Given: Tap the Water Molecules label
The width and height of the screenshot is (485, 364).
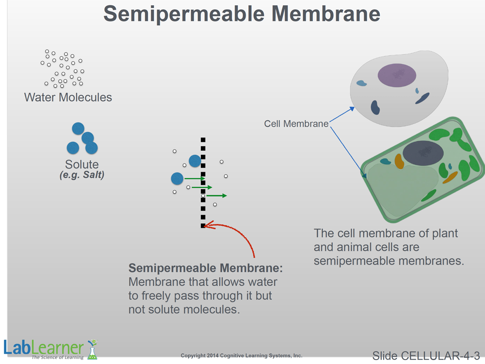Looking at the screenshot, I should (x=68, y=97).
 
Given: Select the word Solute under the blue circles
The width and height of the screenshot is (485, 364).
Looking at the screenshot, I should (x=82, y=165).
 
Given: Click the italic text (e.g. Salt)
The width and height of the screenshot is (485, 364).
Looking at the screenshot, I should (x=81, y=175).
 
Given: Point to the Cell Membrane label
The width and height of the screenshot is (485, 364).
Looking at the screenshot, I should (x=296, y=124).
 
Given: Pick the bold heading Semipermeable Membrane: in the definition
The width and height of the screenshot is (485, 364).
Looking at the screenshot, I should (x=205, y=268).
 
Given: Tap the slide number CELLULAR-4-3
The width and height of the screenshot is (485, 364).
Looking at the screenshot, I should (x=426, y=356).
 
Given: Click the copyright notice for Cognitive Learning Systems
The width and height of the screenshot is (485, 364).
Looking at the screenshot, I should (x=241, y=356).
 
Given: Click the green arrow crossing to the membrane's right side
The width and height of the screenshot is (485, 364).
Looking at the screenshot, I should (x=216, y=196).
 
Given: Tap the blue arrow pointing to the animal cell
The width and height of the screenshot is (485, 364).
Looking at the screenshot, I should (x=342, y=116).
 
